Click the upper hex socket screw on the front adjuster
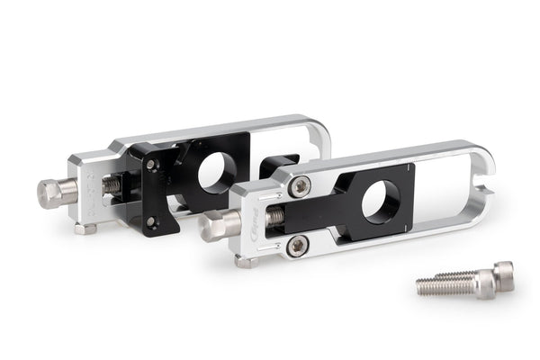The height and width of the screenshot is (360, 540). pos(301,185)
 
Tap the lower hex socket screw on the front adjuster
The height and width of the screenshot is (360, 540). pos(297,243)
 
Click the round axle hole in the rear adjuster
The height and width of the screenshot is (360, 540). pos(213,171)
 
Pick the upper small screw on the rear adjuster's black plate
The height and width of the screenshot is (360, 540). pos(151,164)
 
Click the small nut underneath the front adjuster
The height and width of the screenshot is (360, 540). pos(244,262)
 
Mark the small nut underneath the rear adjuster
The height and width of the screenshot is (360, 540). pos(85,229)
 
